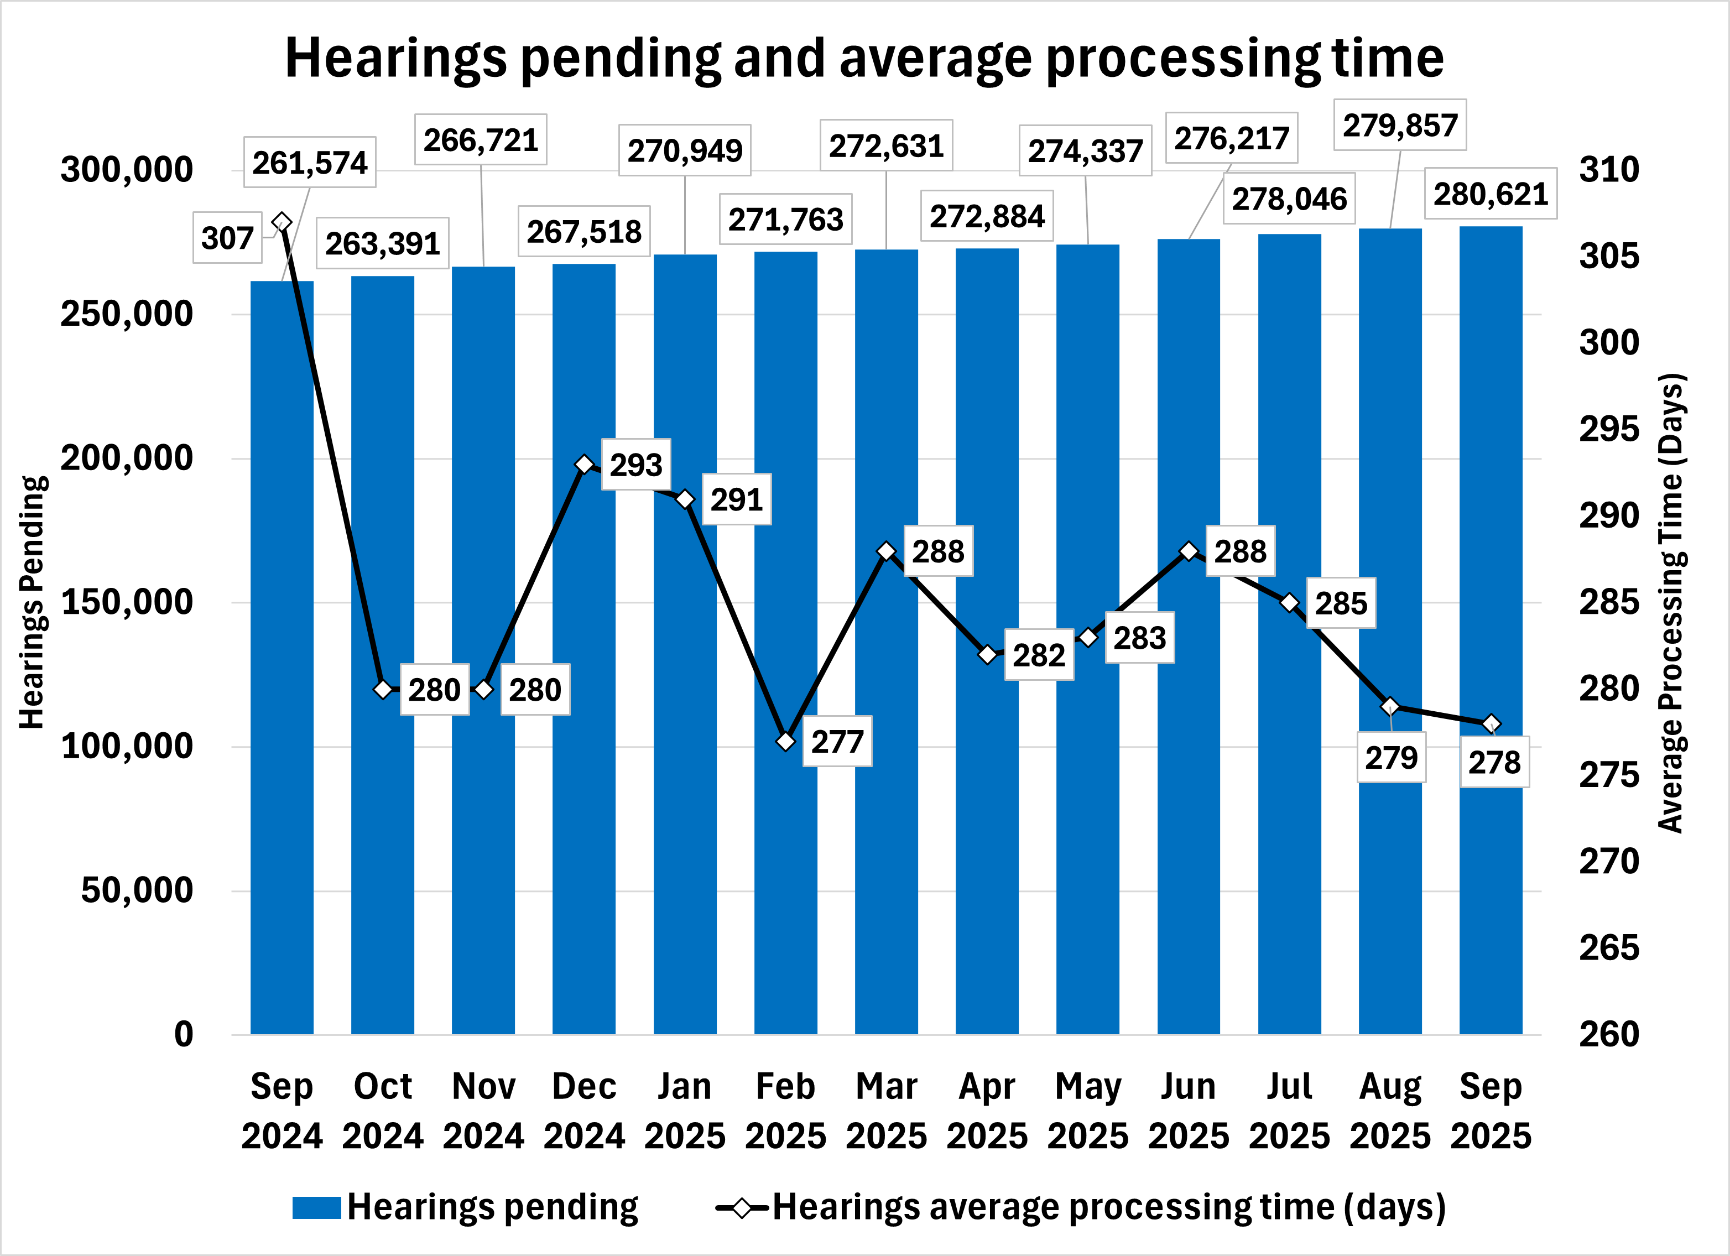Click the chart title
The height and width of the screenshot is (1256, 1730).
pyautogui.click(x=864, y=58)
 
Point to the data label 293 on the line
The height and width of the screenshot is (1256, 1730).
pyautogui.click(x=635, y=465)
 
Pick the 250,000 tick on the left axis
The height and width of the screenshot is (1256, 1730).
pyautogui.click(x=127, y=314)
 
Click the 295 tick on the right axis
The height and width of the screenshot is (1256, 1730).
pyautogui.click(x=1609, y=429)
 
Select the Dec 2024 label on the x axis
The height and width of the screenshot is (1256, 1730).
pyautogui.click(x=584, y=1111)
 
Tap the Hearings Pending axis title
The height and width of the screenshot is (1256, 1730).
pyautogui.click(x=32, y=602)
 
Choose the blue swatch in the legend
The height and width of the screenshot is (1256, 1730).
pyautogui.click(x=316, y=1208)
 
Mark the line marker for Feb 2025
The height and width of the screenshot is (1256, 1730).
pyautogui.click(x=786, y=741)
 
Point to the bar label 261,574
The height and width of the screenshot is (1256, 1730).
pyautogui.click(x=310, y=163)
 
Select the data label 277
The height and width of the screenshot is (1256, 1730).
pyautogui.click(x=837, y=741)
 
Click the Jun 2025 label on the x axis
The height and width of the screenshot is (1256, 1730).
pyautogui.click(x=1189, y=1111)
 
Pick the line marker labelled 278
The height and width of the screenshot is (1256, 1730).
pyautogui.click(x=1491, y=724)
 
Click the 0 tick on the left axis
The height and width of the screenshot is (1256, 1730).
pyautogui.click(x=184, y=1035)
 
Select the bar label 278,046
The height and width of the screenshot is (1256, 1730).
pyautogui.click(x=1289, y=199)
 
